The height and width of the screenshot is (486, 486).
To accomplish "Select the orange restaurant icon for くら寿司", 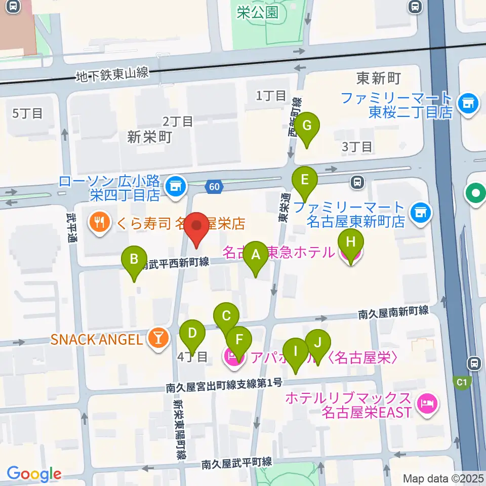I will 98,223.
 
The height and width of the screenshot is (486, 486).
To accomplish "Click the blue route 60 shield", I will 215,187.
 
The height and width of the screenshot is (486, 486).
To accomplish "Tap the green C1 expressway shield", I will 462,383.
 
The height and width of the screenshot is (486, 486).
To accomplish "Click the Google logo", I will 34,474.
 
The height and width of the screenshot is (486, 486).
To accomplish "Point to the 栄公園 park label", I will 258,12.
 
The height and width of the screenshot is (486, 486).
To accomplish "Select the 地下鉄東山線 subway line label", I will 112,74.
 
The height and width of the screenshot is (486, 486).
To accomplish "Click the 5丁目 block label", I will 27,113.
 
